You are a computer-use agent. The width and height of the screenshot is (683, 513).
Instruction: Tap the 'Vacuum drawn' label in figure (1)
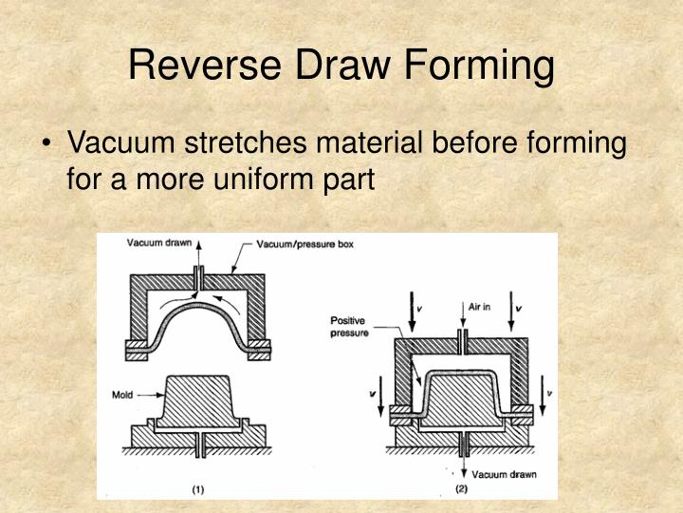point(159,243)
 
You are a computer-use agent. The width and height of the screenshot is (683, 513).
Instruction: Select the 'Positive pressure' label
point(348,327)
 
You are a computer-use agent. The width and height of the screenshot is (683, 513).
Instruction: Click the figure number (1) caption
point(197,491)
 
